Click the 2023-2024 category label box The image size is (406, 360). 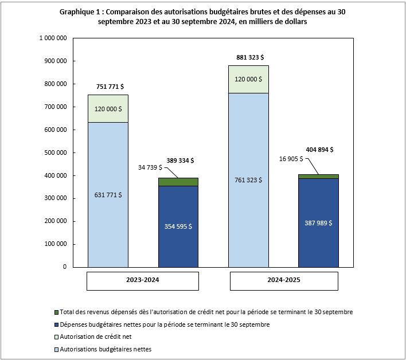click(x=143, y=281)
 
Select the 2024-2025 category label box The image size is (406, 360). click(x=284, y=281)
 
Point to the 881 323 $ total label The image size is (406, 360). click(x=249, y=57)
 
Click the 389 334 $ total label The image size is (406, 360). click(x=179, y=161)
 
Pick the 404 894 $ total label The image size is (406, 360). click(x=320, y=150)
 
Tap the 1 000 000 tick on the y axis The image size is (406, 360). click(x=53, y=38)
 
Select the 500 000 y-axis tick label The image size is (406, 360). click(x=56, y=152)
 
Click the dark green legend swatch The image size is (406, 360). click(x=56, y=312)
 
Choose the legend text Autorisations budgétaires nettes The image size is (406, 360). click(x=106, y=349)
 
